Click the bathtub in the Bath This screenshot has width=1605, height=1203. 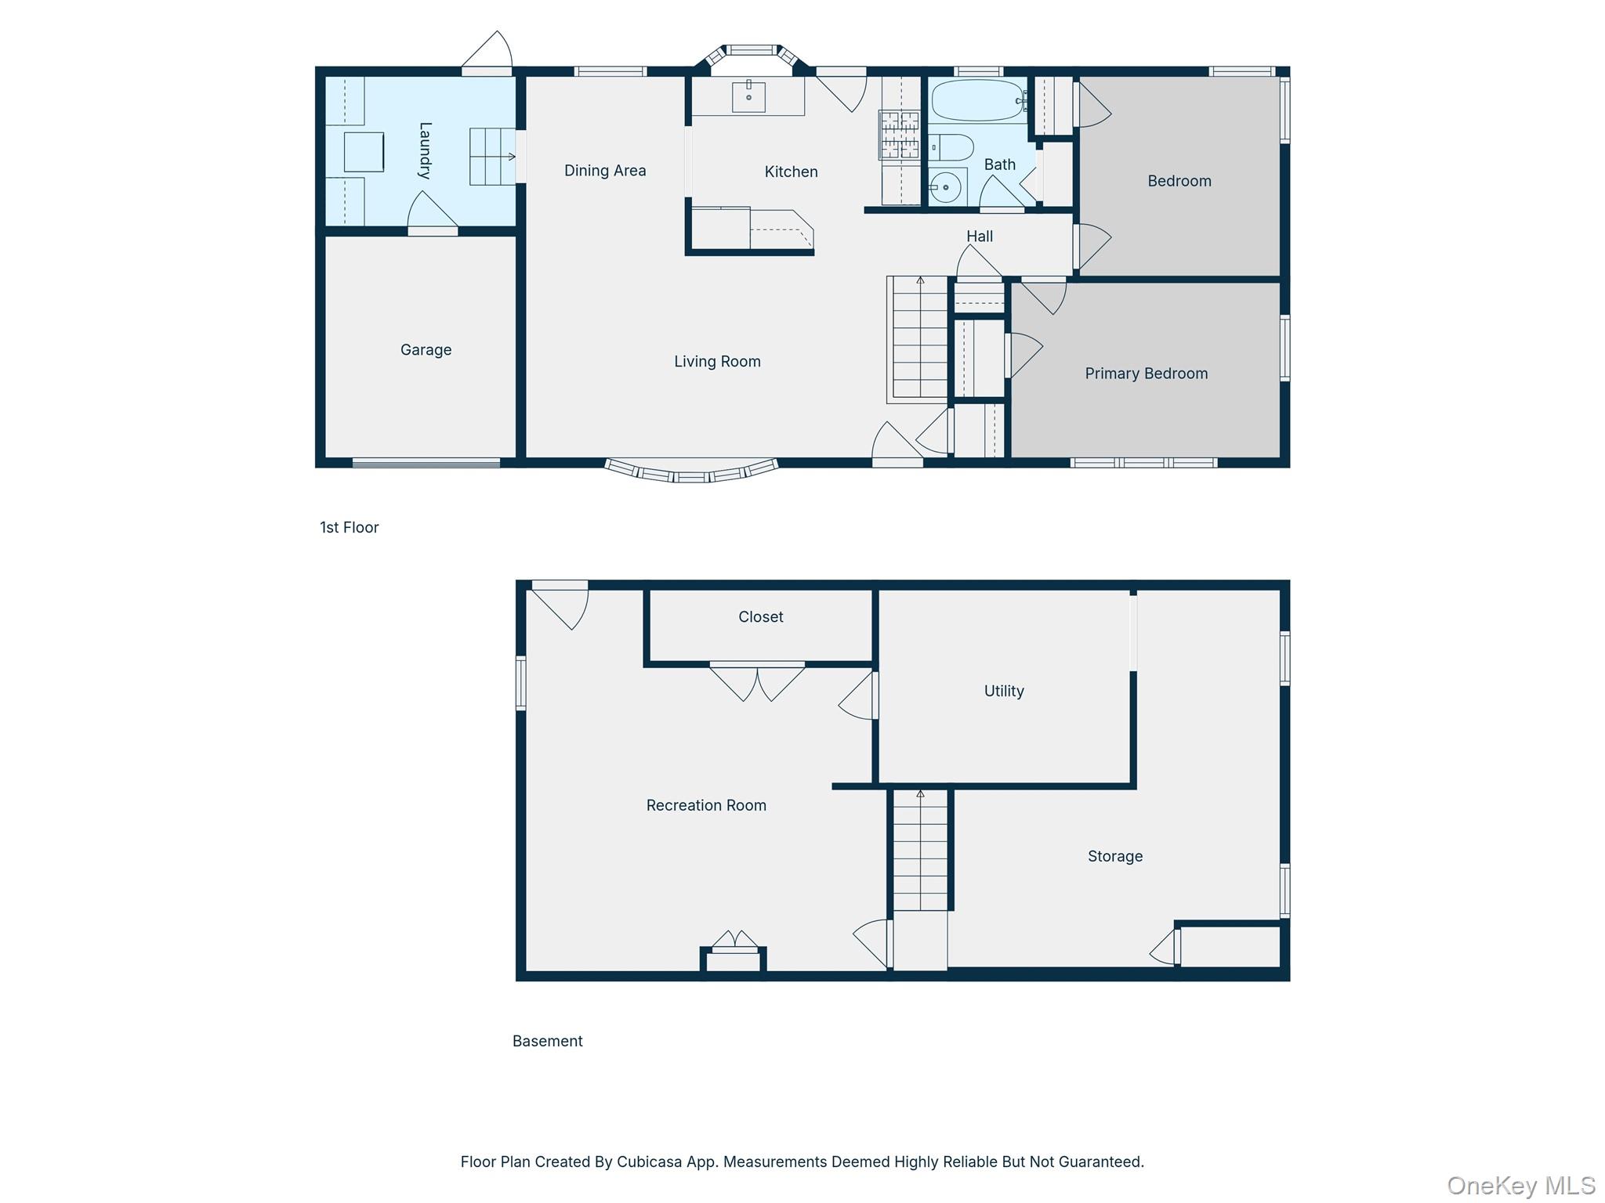point(978,100)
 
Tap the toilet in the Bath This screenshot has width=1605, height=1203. point(951,146)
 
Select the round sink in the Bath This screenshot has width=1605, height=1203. point(946,187)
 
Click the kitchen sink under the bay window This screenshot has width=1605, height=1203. point(748,96)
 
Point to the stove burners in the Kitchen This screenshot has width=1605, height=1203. point(900,134)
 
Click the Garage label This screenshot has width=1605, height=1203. point(426,350)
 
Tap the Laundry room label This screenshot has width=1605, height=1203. point(425,150)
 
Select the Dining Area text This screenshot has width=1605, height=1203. point(605,171)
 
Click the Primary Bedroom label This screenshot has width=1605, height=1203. point(1146,374)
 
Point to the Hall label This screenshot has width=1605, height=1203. point(980,236)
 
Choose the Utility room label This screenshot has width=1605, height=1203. point(1004,691)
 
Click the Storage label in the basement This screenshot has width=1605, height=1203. point(1115,856)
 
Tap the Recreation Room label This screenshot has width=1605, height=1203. point(706,805)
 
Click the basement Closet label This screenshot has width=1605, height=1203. point(761,616)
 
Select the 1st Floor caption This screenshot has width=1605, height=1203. point(350,527)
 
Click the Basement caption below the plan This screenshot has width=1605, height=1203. point(548,1041)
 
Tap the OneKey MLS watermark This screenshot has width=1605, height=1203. point(1521,1186)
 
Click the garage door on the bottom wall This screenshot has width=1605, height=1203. point(426,463)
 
